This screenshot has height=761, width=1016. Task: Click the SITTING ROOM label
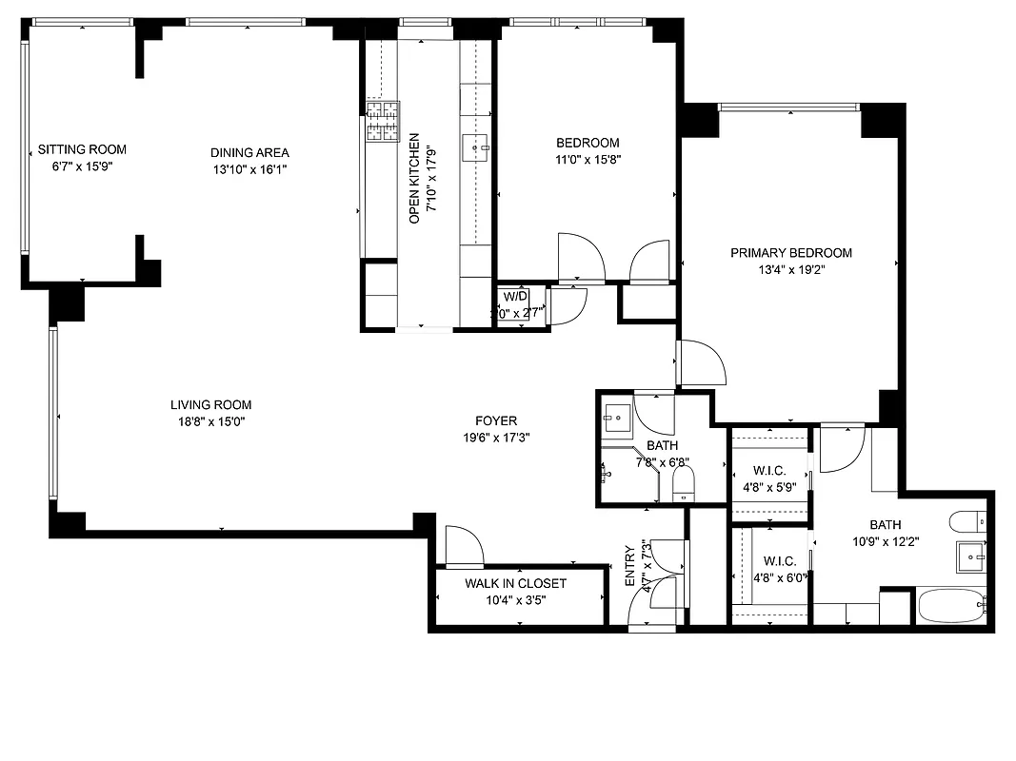82,149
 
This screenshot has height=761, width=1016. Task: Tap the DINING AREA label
249,152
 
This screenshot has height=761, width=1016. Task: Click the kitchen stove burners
382,123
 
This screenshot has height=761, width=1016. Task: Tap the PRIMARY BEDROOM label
790,253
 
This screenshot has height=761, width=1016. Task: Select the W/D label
514,295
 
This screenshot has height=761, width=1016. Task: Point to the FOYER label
496,420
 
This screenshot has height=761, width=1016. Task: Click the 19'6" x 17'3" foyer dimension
496,438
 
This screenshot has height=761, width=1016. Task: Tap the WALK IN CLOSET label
515,583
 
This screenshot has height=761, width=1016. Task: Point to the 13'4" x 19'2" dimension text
790,270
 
